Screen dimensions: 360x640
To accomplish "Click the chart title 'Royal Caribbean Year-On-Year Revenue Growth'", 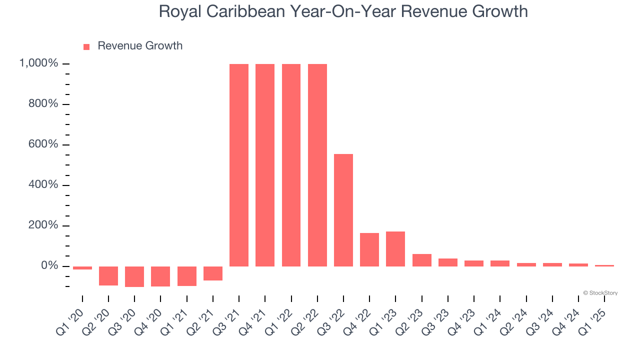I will coord(343,11).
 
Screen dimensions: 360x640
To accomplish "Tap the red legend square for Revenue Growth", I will coord(86,46).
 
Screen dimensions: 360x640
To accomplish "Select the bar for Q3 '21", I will coord(239,165).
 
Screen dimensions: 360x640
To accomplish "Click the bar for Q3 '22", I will coord(343,210).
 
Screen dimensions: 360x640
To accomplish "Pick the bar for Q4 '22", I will coord(369,249).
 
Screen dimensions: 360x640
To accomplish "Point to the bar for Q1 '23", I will coord(395,248).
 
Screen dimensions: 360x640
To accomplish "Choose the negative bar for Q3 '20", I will coord(134,276).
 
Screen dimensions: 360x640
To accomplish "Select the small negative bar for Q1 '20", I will coord(82,268).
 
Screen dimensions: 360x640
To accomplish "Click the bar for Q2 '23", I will coord(422,260).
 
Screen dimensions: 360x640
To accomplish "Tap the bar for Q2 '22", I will coord(317,165).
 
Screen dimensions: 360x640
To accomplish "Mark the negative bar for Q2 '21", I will coord(213,273).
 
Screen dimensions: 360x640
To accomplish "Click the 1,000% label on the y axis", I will coord(39,63).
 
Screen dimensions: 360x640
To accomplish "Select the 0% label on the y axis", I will coord(50,266).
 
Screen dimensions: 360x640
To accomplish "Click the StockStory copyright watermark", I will coord(600,293).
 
